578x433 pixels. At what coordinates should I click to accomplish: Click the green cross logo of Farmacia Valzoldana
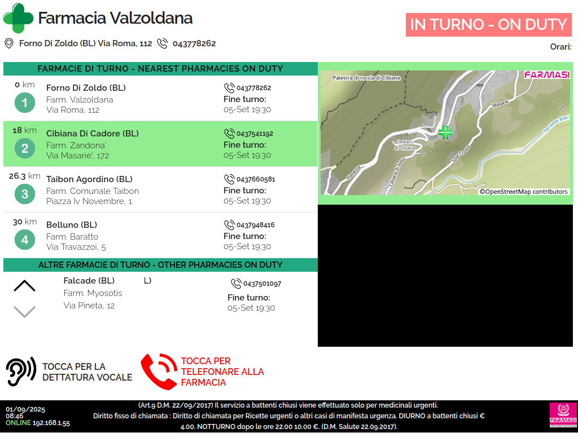pos(18,17)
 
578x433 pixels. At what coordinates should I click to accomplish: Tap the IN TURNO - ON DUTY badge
pos(488,25)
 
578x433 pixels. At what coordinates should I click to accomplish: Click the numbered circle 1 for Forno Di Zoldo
pos(24,103)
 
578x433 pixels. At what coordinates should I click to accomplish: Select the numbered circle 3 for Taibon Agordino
pos(24,195)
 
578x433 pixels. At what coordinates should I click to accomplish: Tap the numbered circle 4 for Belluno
pos(24,240)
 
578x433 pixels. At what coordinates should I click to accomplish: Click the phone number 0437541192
pos(255,134)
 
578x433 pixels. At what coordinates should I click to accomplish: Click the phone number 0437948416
pos(255,225)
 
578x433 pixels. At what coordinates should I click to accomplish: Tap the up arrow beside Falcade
pos(24,286)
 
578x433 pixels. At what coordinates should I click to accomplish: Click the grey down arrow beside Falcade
pos(24,311)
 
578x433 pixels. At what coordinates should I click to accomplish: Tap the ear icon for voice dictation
pos(21,371)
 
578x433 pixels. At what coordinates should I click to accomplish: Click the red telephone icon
pos(159,372)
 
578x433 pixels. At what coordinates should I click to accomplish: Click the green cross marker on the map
pos(445,132)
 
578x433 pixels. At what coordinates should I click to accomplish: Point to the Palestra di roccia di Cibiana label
pos(366,78)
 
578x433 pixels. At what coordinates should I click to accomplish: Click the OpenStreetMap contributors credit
pos(524,192)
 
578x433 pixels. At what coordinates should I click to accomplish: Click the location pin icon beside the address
pos(9,43)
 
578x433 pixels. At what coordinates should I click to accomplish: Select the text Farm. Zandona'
pos(76,145)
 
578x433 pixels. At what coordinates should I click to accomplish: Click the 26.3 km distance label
pos(24,176)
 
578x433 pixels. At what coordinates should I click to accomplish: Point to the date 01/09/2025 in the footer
pos(25,409)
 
